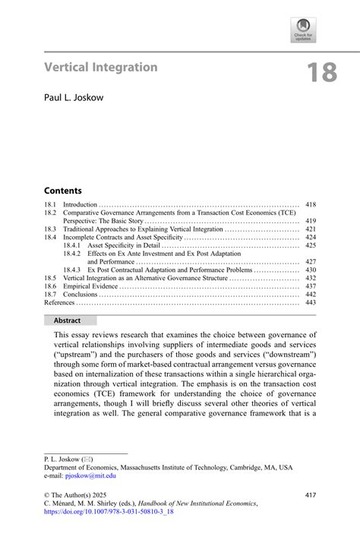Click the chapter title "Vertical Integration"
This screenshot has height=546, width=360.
(x=101, y=67)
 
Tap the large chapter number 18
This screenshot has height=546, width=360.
(x=321, y=73)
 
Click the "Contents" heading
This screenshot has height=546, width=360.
(x=63, y=190)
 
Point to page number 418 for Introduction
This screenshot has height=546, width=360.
(x=310, y=205)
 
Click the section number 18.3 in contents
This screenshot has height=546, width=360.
(x=49, y=229)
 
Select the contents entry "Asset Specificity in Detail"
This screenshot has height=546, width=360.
(x=124, y=245)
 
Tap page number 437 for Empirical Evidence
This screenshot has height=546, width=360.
(x=310, y=286)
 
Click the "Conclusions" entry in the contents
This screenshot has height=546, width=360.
(x=80, y=295)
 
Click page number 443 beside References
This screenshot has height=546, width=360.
(x=310, y=302)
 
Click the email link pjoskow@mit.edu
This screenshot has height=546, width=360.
(x=91, y=475)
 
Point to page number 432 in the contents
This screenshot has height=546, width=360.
(x=310, y=278)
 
